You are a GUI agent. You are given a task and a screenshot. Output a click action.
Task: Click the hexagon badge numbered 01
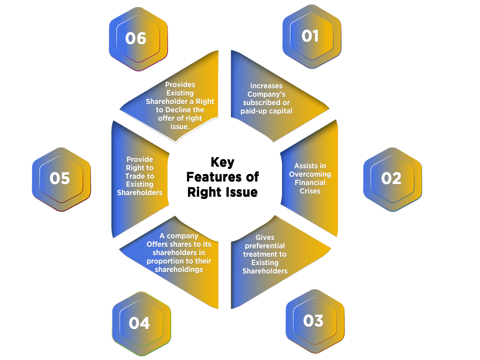pos(311,36)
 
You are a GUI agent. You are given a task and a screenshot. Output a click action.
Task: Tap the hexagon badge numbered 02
pos(392,178)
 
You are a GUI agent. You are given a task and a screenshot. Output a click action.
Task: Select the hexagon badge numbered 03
pos(314,321)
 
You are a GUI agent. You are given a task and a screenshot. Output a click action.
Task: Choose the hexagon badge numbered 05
pos(60,178)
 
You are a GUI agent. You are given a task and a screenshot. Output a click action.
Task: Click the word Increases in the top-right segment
pos(266,86)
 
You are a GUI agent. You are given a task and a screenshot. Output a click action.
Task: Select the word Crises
pos(310,191)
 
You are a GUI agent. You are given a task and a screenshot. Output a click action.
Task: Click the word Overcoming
pos(310,174)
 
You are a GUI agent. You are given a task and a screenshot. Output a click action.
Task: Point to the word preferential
pos(265,246)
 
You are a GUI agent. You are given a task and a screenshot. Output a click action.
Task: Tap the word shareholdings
pos(179,270)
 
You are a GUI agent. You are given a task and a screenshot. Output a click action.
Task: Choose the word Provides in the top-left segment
pos(180,85)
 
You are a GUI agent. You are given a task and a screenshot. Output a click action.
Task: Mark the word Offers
pos(159,244)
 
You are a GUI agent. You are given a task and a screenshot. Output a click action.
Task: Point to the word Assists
pos(305,166)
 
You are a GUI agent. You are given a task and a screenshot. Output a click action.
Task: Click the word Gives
pos(265,237)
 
